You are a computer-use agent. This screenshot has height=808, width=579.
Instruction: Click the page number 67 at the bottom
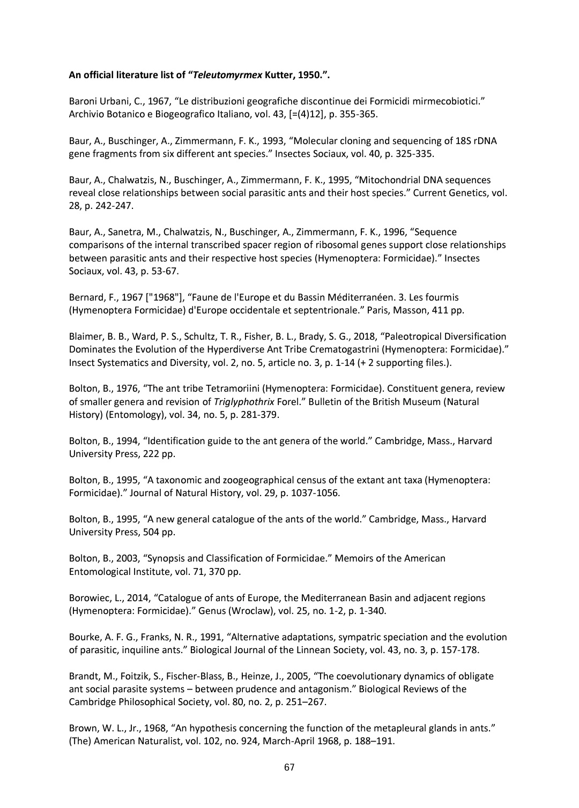point(289,767)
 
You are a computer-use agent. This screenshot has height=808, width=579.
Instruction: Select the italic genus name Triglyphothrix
point(244,402)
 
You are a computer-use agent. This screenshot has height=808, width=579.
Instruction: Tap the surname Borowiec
point(89,598)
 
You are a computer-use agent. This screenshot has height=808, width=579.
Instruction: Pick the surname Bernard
point(86,297)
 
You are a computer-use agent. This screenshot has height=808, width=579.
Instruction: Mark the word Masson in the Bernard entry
point(409,310)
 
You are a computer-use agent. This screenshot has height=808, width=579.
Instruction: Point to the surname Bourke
point(84,637)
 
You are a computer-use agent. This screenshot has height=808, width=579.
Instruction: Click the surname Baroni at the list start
point(83,101)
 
